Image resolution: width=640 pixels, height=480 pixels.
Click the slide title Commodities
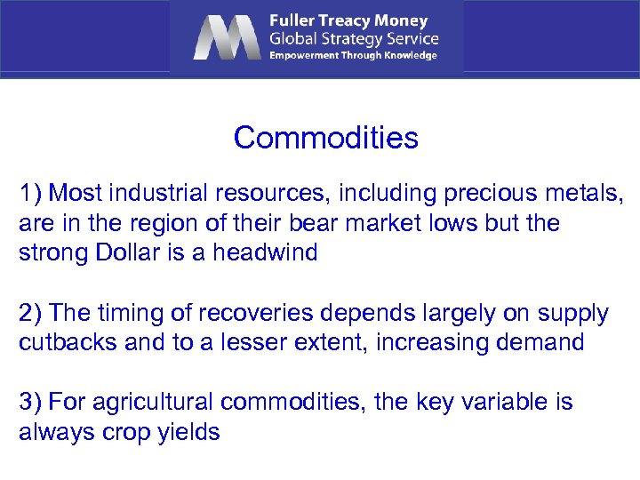pos(325,138)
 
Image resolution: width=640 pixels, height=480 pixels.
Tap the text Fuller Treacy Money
pos(348,20)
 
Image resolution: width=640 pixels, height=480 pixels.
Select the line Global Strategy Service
pos(354,38)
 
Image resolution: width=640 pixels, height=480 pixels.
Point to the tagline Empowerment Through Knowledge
pos(354,55)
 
